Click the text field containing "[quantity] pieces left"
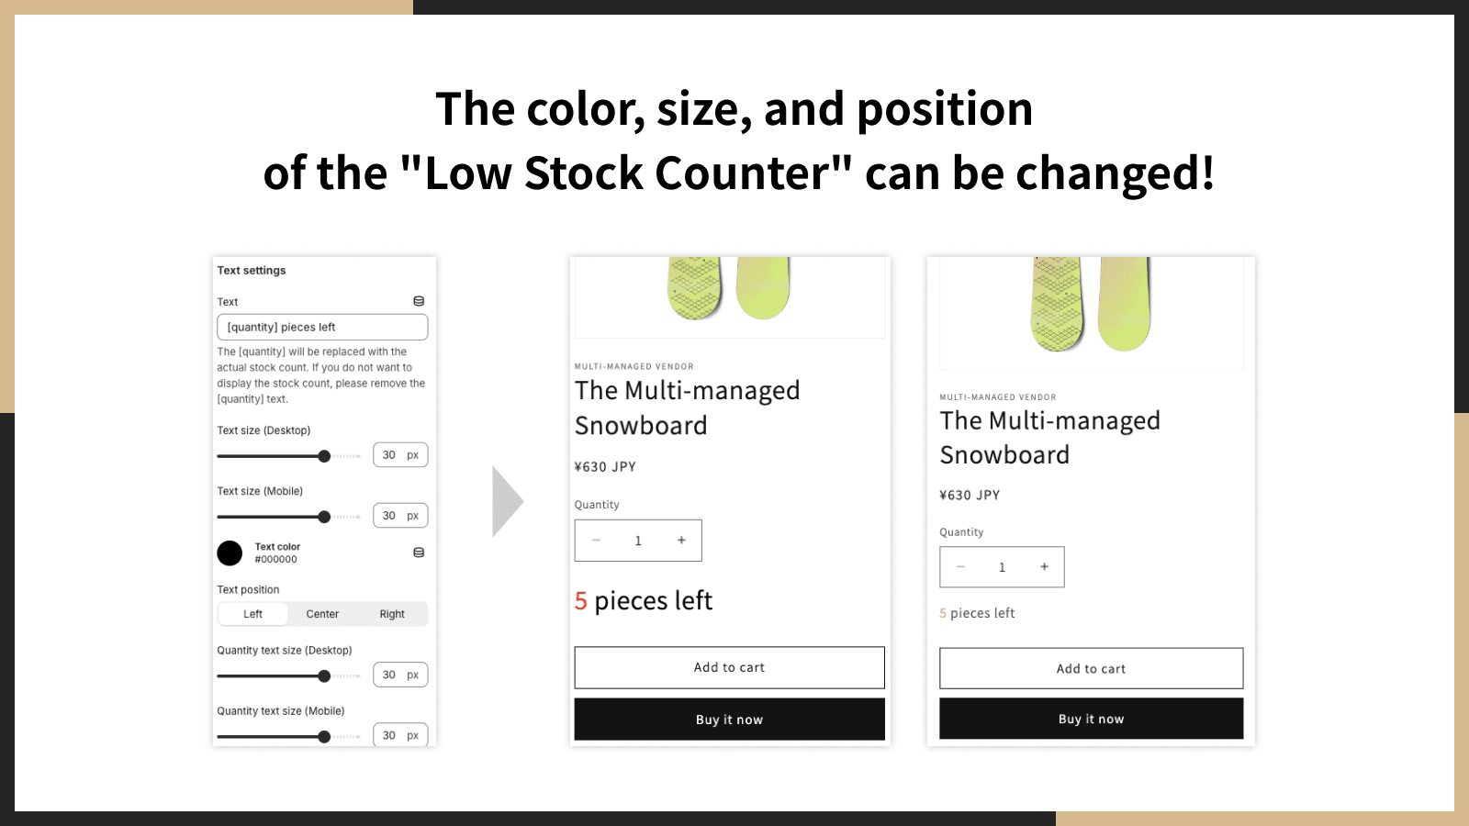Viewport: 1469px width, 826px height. click(322, 327)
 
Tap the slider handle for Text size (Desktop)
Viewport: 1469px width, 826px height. click(324, 456)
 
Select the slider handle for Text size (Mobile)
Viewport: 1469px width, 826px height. click(324, 518)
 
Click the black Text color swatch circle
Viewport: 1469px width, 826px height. click(230, 553)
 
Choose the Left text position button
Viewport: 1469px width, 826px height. click(252, 614)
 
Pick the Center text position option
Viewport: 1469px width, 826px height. click(322, 614)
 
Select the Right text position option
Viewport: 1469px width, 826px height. click(392, 614)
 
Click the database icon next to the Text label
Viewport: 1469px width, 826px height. click(419, 302)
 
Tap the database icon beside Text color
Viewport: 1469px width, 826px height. click(419, 553)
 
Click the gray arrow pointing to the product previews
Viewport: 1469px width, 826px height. click(506, 502)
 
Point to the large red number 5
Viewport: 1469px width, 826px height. click(580, 601)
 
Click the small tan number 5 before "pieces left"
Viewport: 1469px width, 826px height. click(942, 614)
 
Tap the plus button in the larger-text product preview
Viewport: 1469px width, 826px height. click(681, 541)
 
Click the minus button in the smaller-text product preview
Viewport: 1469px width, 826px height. click(960, 567)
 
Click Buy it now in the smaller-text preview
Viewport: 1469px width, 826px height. click(1092, 719)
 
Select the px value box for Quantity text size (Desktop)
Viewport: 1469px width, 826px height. click(400, 675)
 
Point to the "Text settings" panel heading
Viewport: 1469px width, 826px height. click(252, 271)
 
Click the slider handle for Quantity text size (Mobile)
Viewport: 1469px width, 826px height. click(324, 737)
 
